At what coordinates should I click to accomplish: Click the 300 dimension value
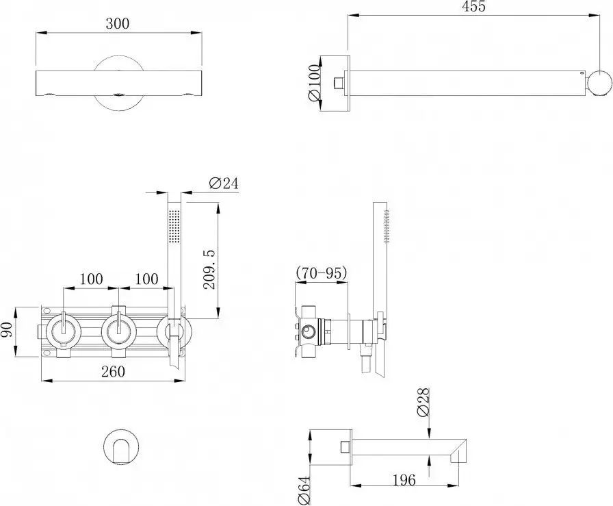pos(118,23)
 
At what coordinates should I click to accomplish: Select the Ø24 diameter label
pos(222,183)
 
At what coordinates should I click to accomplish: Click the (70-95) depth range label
pos(322,274)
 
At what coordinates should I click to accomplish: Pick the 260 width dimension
pos(113,372)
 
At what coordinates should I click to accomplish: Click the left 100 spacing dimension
pos(91,279)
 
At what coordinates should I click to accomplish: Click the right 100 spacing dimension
pos(144,279)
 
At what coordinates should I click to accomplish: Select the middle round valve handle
pos(120,332)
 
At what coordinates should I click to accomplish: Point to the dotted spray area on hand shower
pos(174,227)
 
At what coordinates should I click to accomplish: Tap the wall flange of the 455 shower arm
pos(340,83)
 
